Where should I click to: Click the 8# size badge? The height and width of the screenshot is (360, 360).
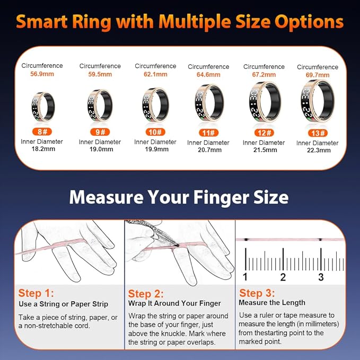(x=42, y=131)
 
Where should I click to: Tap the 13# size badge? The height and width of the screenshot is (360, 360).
(x=318, y=133)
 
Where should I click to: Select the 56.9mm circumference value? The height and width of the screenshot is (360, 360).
(x=42, y=74)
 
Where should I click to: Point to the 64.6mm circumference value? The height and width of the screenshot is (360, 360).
(x=208, y=75)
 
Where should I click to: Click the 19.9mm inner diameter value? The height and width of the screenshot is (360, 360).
(x=156, y=149)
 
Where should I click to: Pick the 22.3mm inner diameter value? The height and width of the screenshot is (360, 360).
(x=319, y=151)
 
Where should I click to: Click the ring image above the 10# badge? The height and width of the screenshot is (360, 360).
(x=155, y=104)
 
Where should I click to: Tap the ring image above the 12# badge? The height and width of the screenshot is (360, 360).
(x=265, y=102)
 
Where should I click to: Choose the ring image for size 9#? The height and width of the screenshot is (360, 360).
(x=100, y=106)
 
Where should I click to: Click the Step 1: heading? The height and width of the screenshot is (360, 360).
(x=36, y=293)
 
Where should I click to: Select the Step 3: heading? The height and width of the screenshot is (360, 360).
(x=257, y=293)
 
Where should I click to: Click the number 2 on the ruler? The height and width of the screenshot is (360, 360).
(x=283, y=277)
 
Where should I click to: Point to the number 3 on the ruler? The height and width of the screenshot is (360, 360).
(x=321, y=277)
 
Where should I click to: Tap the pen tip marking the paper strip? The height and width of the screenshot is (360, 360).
(x=178, y=245)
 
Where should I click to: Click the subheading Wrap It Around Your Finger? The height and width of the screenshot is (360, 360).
(x=174, y=303)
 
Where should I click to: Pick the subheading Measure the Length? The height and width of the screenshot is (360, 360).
(x=272, y=303)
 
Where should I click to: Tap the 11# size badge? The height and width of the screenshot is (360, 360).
(x=209, y=133)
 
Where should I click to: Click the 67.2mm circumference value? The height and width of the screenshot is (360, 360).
(x=264, y=75)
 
